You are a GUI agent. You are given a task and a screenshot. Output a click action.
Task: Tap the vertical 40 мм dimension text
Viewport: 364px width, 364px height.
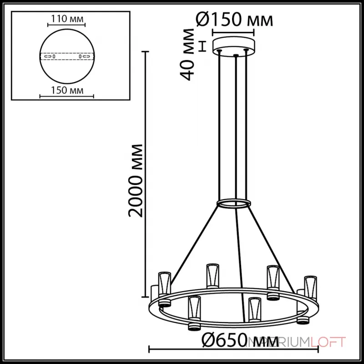(x=188, y=54)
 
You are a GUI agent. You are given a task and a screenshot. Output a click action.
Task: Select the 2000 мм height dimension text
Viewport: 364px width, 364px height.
(x=135, y=180)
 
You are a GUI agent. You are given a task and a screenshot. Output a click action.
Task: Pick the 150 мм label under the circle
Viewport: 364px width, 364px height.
(x=67, y=90)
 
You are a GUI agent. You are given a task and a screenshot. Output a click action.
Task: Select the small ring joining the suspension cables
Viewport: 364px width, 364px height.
(x=234, y=202)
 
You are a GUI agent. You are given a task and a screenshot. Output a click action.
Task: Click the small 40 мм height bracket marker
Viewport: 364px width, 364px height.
(x=203, y=45)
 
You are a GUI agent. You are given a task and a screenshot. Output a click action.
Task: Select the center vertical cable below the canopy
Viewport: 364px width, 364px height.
(x=235, y=127)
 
